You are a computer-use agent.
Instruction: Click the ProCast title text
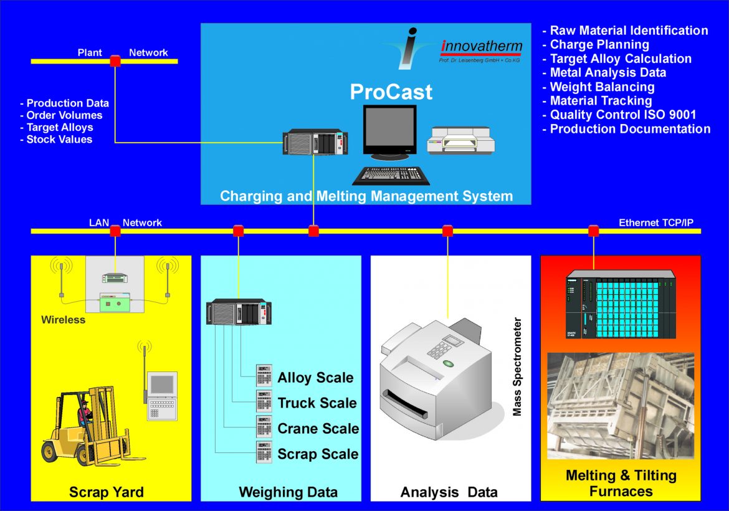point(391,92)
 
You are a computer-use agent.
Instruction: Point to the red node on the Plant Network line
point(115,61)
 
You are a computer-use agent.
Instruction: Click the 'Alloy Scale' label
point(315,378)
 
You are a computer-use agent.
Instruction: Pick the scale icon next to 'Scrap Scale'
point(264,452)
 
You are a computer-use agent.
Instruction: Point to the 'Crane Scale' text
point(318,429)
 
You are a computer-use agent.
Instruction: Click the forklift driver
point(85,414)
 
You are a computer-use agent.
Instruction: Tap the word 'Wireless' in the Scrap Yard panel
point(63,320)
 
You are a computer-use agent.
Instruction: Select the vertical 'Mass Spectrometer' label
point(517,367)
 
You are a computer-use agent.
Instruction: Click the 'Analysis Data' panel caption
point(449,492)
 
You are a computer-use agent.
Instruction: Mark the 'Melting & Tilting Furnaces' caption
point(621,483)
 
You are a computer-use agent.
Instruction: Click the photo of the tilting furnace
point(621,405)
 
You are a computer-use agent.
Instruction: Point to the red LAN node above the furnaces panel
point(593,231)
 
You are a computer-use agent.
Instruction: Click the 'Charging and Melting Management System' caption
point(366,196)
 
